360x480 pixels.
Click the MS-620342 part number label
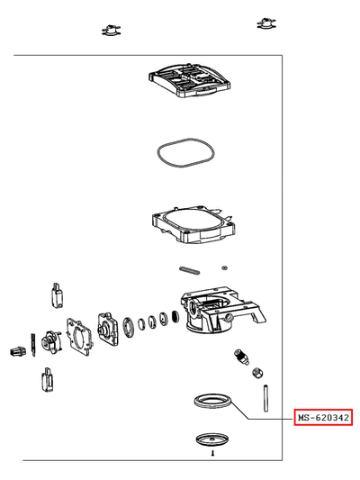323,417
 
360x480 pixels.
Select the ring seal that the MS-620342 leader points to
213,397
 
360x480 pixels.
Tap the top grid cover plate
190,79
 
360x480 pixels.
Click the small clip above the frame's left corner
111,31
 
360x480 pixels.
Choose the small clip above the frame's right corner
266,23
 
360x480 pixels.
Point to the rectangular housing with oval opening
193,225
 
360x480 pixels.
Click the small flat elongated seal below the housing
190,269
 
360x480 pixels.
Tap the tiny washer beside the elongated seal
225,267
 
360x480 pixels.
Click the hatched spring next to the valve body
175,316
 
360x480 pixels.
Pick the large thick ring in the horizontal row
129,327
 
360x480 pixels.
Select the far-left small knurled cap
16,352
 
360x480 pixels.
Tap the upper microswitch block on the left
58,295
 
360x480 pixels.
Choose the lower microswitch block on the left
48,380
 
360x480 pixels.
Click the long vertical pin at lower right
265,398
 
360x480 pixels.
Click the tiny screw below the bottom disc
213,453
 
